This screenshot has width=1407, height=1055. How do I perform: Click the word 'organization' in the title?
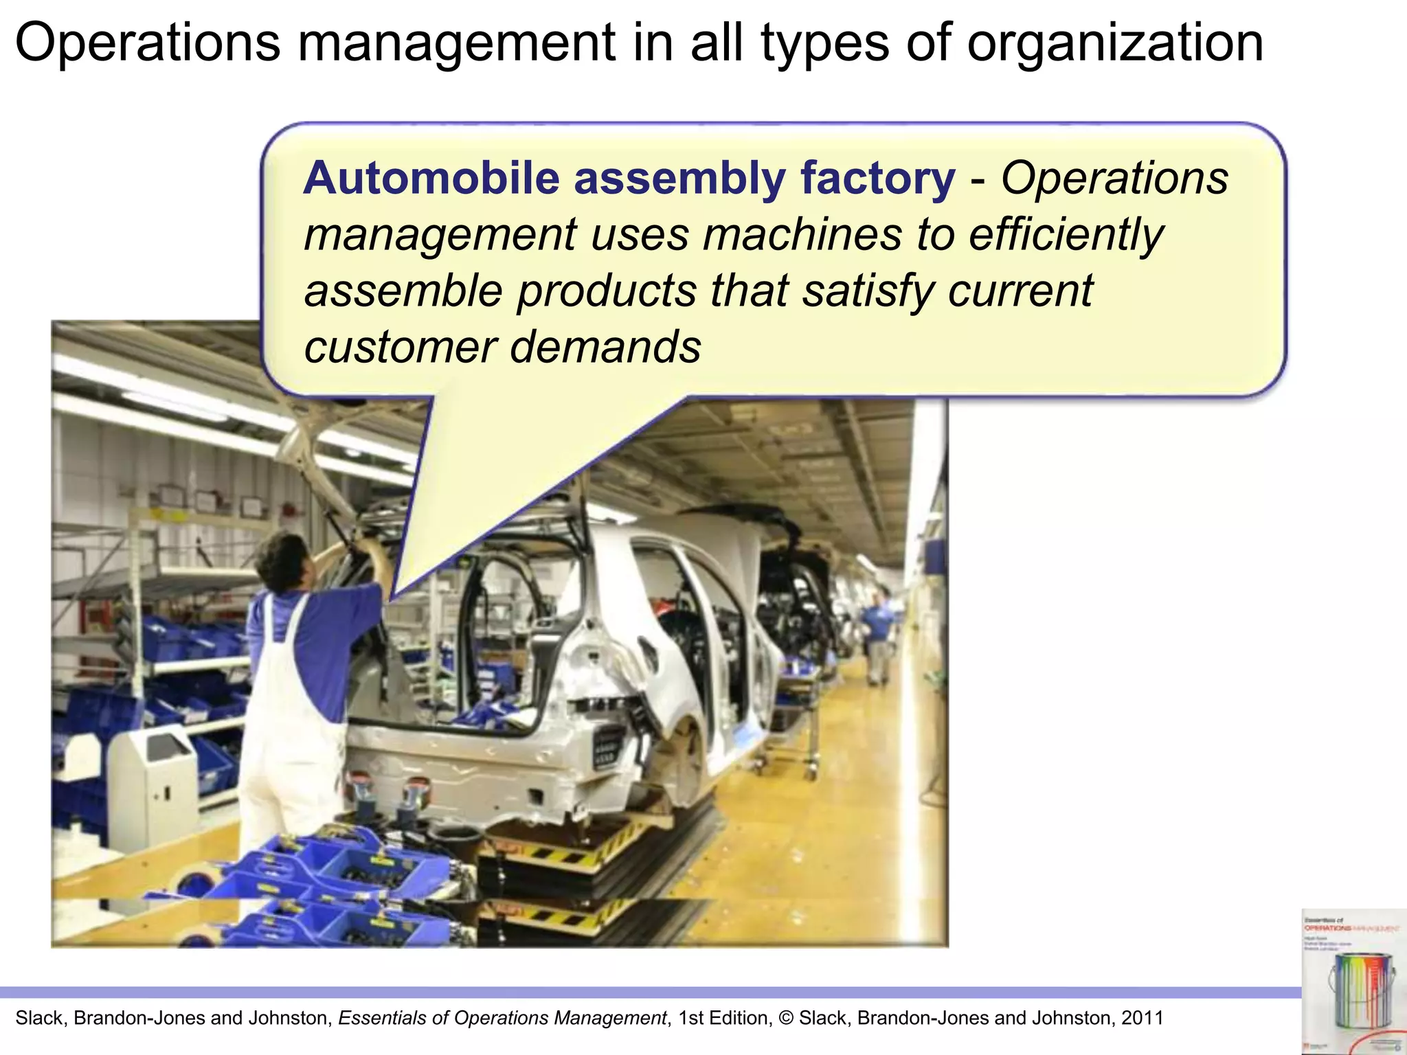point(1115,43)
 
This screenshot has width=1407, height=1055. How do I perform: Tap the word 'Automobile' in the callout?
point(431,178)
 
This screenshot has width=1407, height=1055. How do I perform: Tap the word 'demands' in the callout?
point(605,347)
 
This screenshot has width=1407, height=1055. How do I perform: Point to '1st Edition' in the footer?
point(725,1018)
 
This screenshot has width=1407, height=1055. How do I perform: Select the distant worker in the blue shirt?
point(877,635)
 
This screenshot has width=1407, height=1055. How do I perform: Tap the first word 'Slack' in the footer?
point(39,1018)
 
